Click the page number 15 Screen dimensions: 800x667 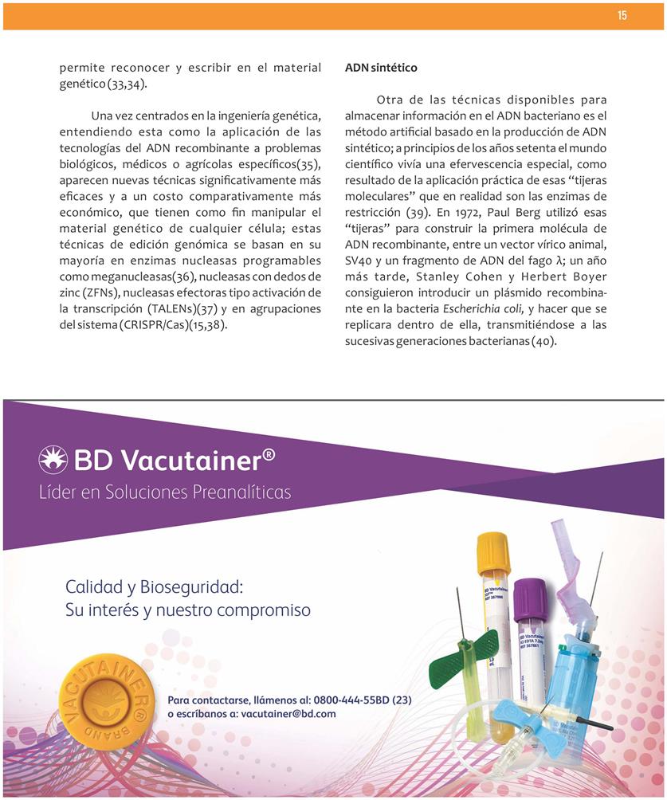(622, 16)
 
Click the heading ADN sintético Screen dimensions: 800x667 (381, 69)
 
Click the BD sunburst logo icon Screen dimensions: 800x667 (53, 460)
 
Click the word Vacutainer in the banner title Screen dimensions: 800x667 (188, 460)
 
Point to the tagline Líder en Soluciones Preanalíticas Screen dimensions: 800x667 (165, 492)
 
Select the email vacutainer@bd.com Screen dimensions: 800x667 (288, 714)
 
